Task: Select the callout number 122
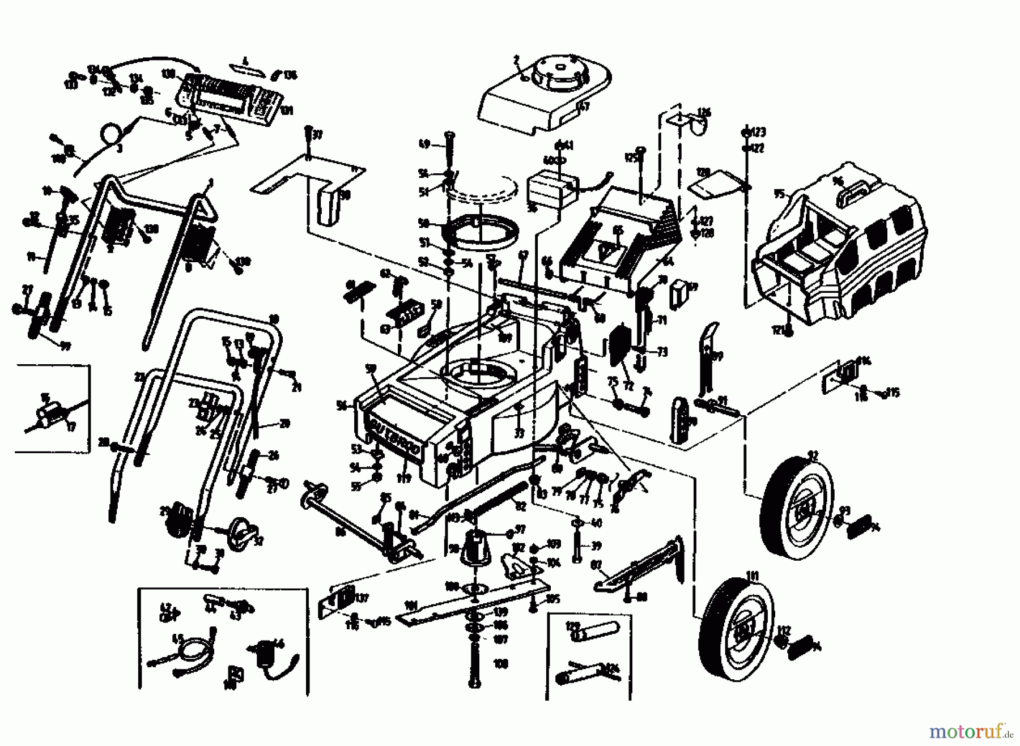(x=758, y=148)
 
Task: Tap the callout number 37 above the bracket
(x=317, y=135)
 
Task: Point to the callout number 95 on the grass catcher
(x=780, y=194)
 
